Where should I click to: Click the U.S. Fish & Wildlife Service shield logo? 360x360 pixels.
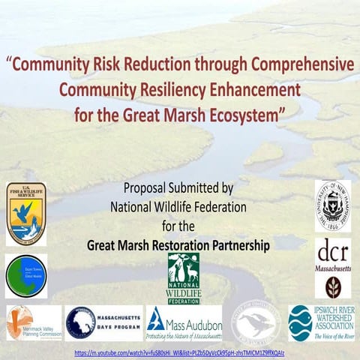click(25, 214)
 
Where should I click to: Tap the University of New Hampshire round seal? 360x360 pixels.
click(332, 205)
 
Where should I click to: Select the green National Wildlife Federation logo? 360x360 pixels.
click(183, 277)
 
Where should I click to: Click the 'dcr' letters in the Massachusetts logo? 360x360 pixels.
click(332, 250)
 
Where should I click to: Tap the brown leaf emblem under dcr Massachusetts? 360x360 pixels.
click(332, 286)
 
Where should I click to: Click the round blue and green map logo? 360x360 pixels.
click(26, 275)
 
